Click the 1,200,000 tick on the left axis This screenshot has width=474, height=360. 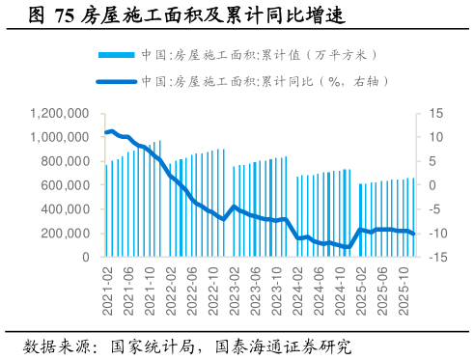point(59,113)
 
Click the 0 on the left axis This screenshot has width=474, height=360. point(86,258)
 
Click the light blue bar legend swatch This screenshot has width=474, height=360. point(118,55)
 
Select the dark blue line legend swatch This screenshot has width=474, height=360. point(118,83)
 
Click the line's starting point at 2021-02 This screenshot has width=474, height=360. point(106,132)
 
